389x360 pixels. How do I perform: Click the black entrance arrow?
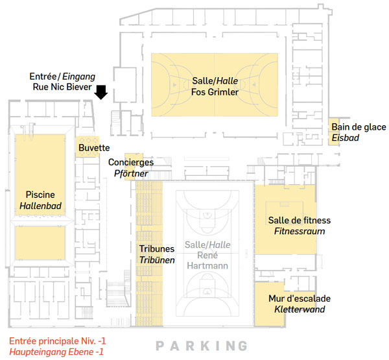(101, 92)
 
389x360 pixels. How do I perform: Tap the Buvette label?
(94, 148)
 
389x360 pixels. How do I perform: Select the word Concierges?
(131, 162)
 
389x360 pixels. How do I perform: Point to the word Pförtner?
(131, 173)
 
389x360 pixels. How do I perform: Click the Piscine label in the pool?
(40, 195)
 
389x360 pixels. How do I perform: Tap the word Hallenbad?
(40, 206)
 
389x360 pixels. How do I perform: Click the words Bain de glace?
(359, 127)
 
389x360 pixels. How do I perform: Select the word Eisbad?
(346, 138)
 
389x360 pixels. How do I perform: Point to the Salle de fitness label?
(300, 221)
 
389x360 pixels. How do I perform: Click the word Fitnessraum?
(300, 231)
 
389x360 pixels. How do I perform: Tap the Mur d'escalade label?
(300, 298)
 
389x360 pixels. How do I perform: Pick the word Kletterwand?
(300, 309)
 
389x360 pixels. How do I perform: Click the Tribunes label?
(157, 249)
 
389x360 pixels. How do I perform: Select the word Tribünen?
(157, 260)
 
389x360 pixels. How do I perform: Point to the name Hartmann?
(207, 266)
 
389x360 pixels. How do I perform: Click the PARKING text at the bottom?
(202, 346)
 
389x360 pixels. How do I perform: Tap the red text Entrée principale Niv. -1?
(58, 341)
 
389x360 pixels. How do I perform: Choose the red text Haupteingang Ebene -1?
(56, 352)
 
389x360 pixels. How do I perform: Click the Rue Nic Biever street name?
(62, 87)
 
